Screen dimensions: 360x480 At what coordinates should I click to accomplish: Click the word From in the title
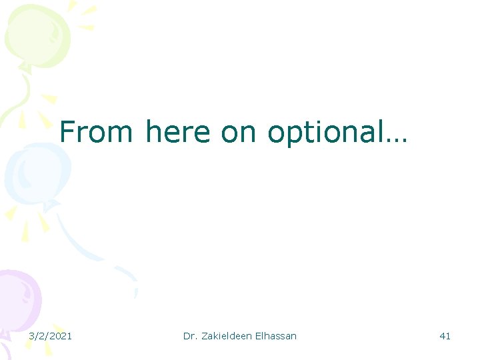point(97,131)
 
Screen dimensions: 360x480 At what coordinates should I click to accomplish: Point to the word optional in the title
point(325,133)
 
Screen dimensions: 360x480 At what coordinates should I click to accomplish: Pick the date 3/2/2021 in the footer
point(51,336)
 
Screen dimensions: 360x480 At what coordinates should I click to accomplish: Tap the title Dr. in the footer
point(191,336)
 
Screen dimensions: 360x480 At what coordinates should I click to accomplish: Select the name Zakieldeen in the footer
point(228,336)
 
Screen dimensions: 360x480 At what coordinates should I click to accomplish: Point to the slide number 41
point(445,336)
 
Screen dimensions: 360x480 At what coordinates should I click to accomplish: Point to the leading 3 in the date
point(31,336)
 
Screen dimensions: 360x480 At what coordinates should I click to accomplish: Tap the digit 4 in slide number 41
point(442,336)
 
